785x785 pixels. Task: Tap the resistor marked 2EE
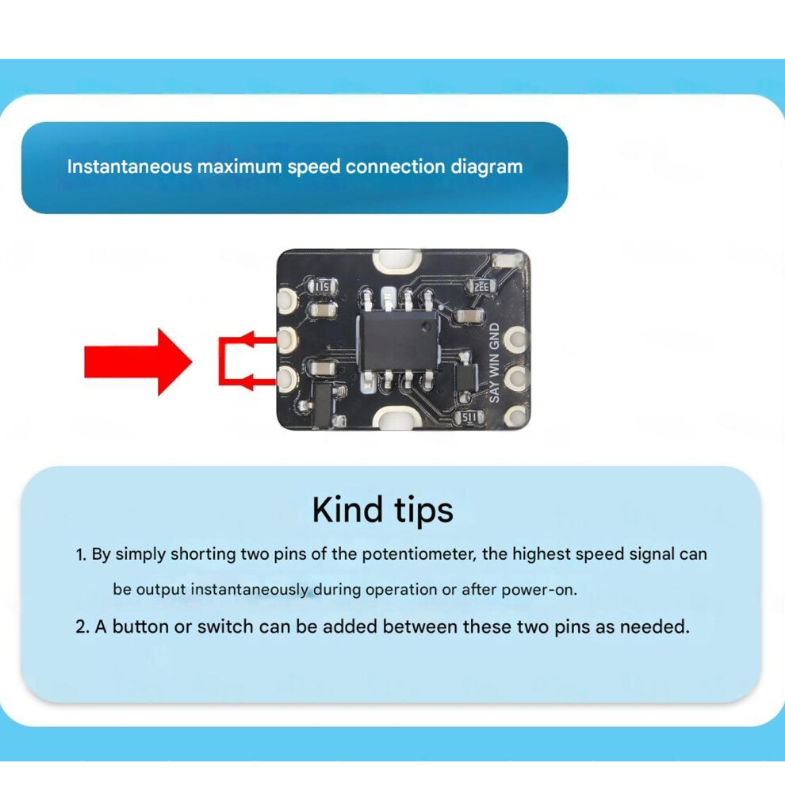[x=481, y=287]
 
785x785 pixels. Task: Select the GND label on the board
[x=494, y=337]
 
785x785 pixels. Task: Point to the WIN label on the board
[x=494, y=366]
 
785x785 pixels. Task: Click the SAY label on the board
[x=494, y=392]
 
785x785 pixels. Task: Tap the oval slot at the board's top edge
[x=396, y=260]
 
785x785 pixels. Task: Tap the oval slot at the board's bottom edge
[x=396, y=418]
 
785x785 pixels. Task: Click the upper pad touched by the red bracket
[x=287, y=339]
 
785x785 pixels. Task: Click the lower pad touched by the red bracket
[x=287, y=378]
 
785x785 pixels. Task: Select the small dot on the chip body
[x=426, y=327]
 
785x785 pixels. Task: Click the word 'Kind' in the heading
[x=347, y=510]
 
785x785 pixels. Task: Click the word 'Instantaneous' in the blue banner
[x=130, y=167]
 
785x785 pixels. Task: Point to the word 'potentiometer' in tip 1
[x=419, y=554]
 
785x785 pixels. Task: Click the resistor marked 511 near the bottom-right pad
[x=469, y=417]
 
